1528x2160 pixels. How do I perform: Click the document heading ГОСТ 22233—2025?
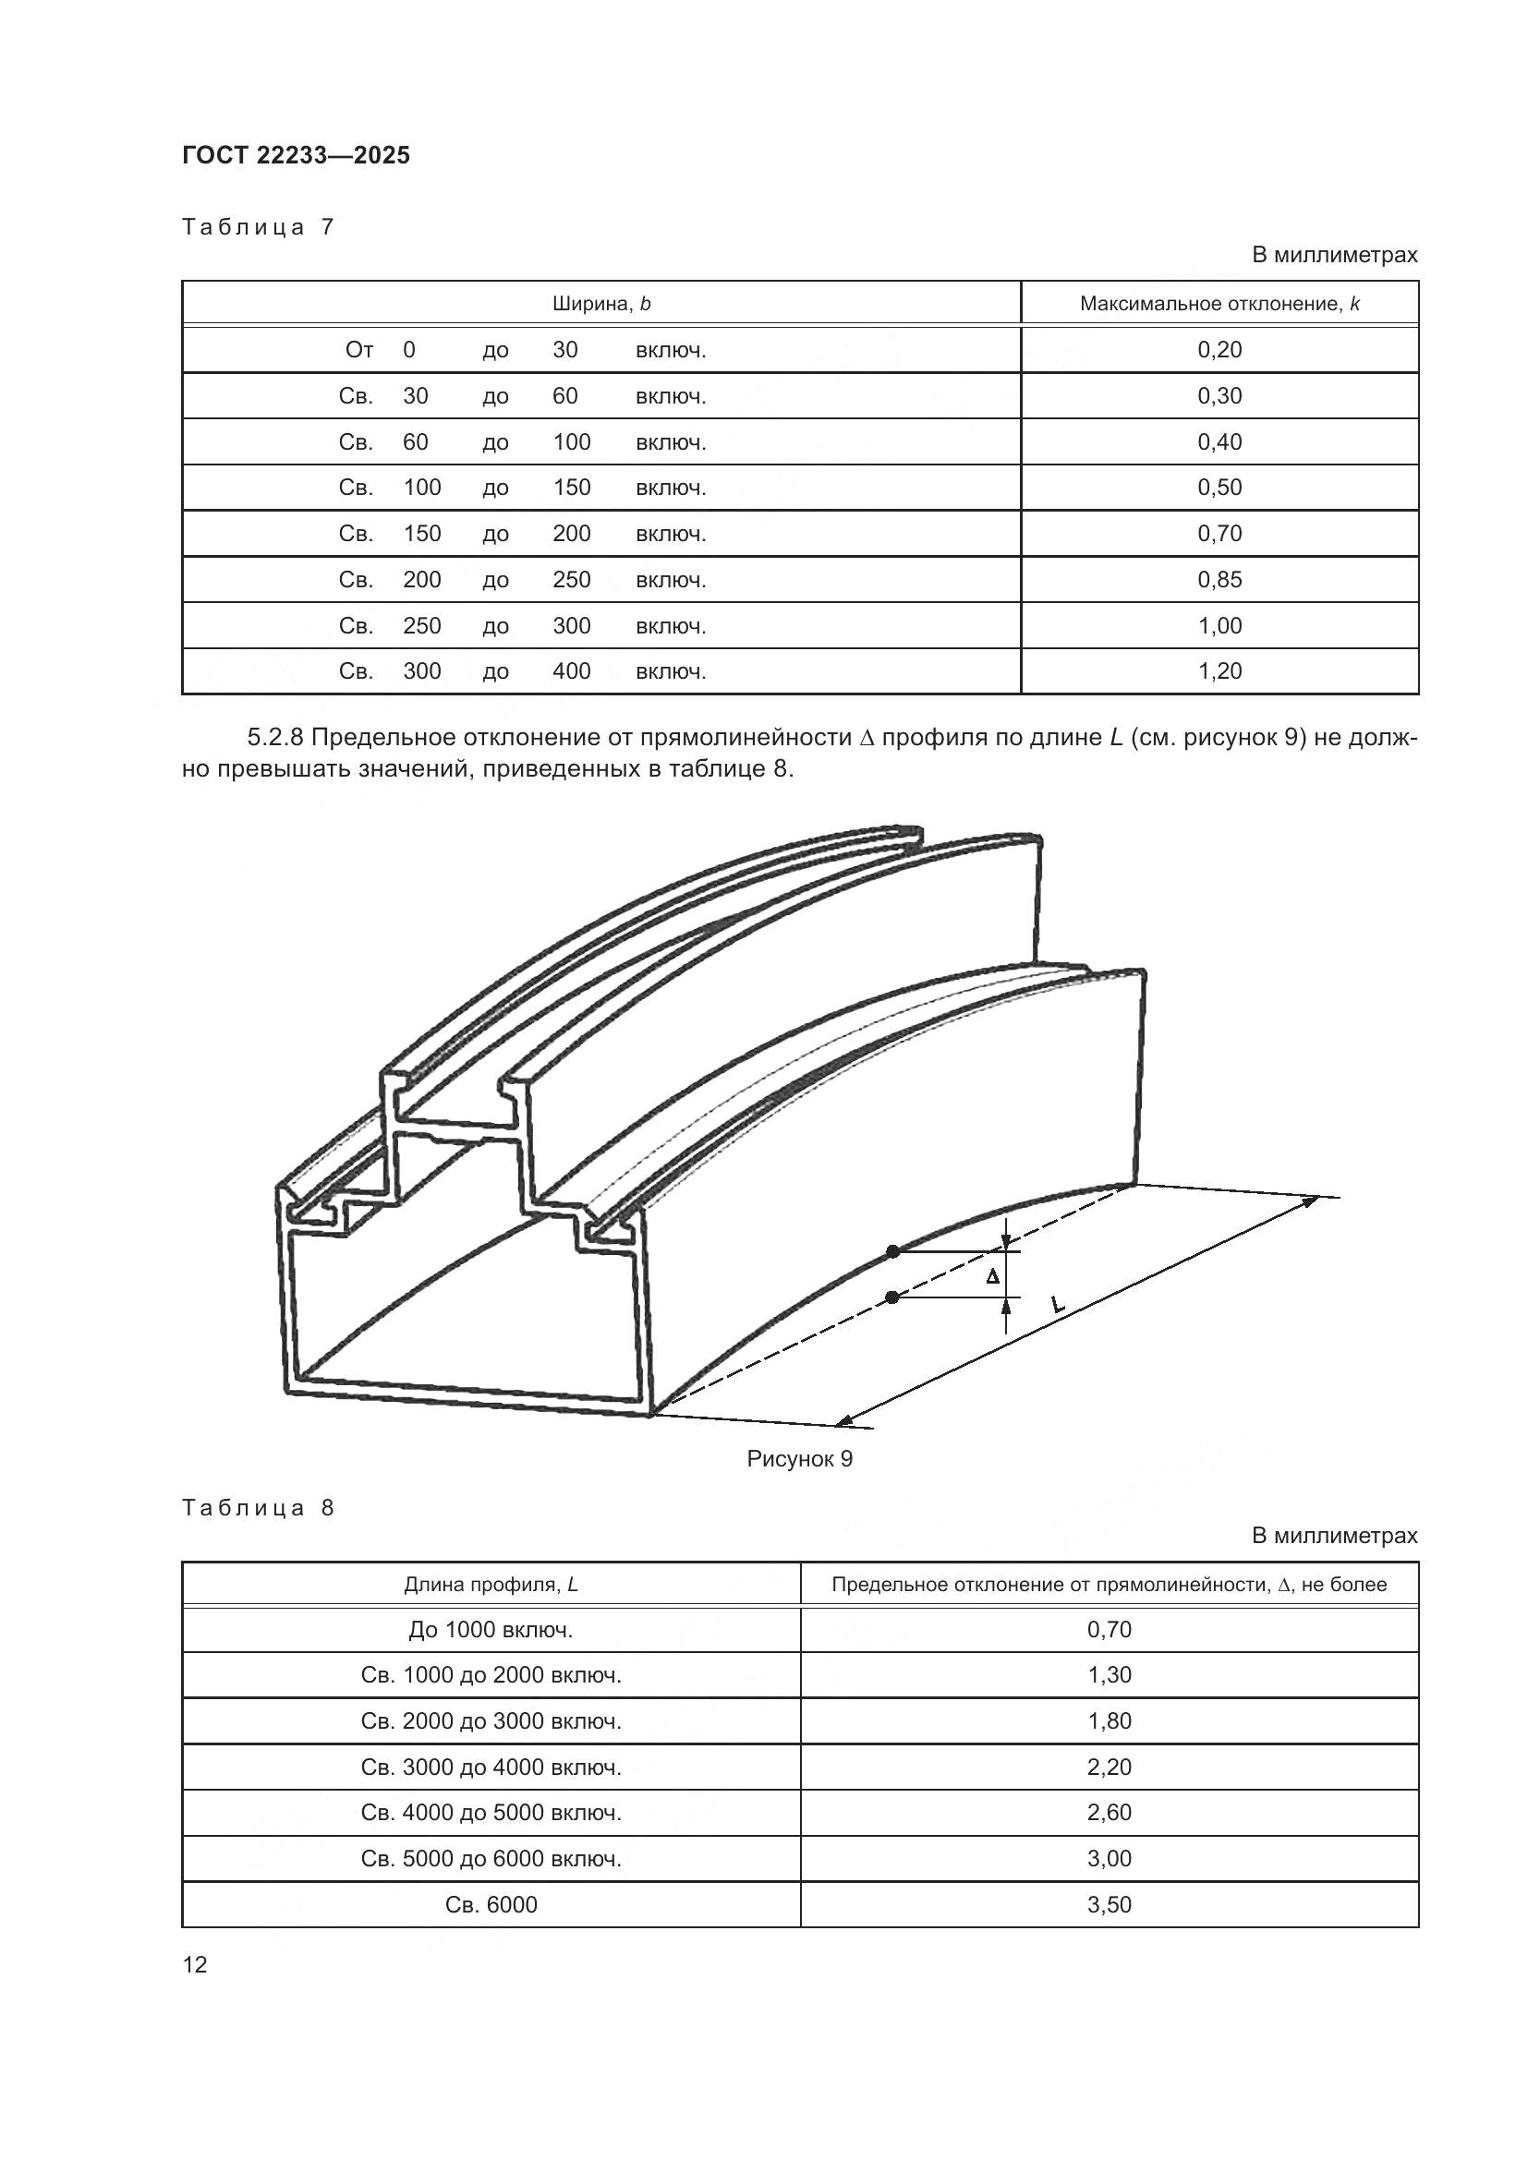tap(296, 156)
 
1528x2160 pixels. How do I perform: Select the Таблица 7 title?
tap(258, 228)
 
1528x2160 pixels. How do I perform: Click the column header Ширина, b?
tap(601, 304)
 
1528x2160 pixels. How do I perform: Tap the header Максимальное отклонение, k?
tap(1219, 304)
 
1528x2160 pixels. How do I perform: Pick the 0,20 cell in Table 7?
tap(1219, 350)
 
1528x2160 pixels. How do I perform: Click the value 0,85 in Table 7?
tap(1219, 580)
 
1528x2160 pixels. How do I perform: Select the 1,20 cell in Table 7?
tap(1219, 670)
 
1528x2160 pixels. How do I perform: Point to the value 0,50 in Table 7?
tap(1219, 488)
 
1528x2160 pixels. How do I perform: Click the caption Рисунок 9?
tap(800, 1458)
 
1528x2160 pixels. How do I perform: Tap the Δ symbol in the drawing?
tap(991, 1276)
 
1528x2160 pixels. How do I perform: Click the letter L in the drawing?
tap(1057, 1304)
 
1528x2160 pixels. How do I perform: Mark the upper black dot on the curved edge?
tap(893, 1251)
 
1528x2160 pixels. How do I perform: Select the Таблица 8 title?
tap(258, 1508)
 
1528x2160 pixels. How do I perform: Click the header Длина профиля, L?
tap(491, 1585)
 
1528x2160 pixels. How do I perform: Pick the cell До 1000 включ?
tap(491, 1629)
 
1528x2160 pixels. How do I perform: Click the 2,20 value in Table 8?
tap(1110, 1767)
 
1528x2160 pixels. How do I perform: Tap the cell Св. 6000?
tap(491, 1904)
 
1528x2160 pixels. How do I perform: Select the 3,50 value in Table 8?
tap(1110, 1904)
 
